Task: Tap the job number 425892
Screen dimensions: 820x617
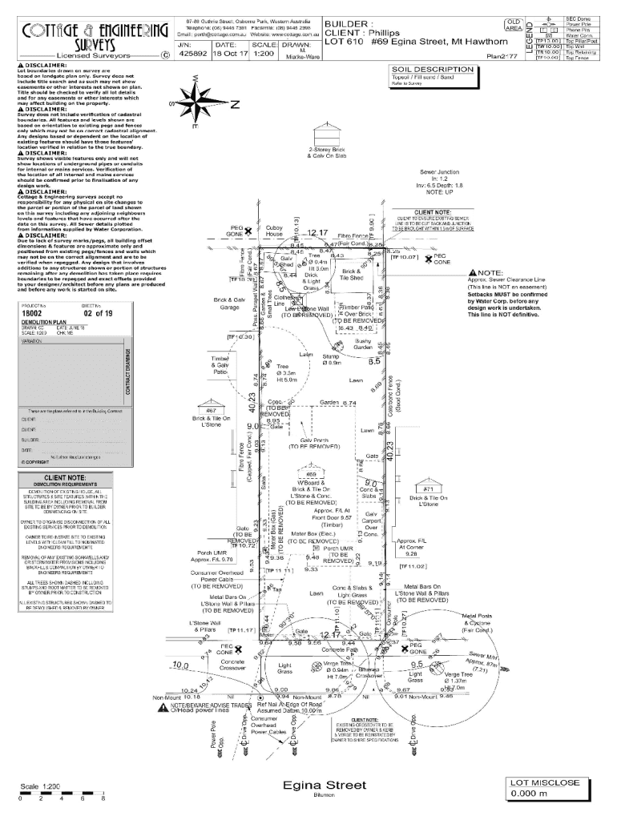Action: click(x=192, y=54)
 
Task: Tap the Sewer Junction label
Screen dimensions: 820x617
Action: click(x=439, y=172)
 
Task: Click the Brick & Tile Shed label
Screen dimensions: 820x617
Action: click(x=352, y=275)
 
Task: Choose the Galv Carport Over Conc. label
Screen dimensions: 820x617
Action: click(x=371, y=521)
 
